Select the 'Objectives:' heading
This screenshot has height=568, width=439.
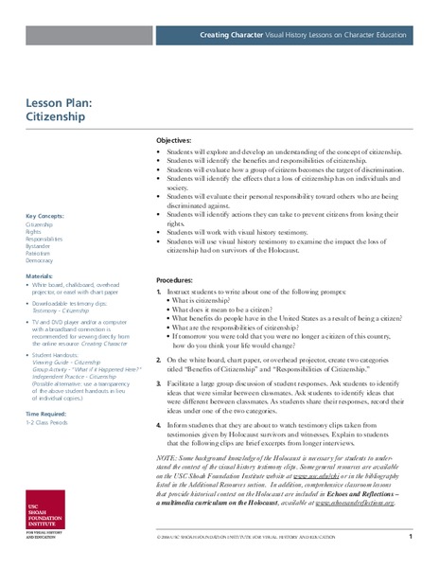pos(178,139)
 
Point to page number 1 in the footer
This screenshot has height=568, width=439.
pos(411,538)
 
